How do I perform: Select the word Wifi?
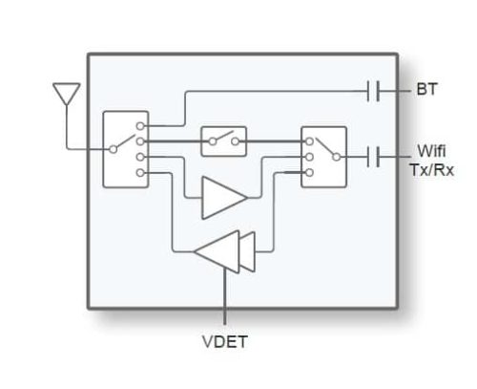click(428, 151)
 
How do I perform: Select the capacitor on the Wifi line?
click(373, 155)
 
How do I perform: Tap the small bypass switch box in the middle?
click(223, 141)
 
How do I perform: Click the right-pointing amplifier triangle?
click(222, 197)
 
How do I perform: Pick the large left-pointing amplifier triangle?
click(218, 251)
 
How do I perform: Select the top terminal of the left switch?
click(140, 125)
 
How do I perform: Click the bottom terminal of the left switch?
click(140, 173)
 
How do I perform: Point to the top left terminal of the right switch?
click(308, 140)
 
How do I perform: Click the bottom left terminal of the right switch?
click(308, 170)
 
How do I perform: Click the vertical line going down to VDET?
click(225, 296)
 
